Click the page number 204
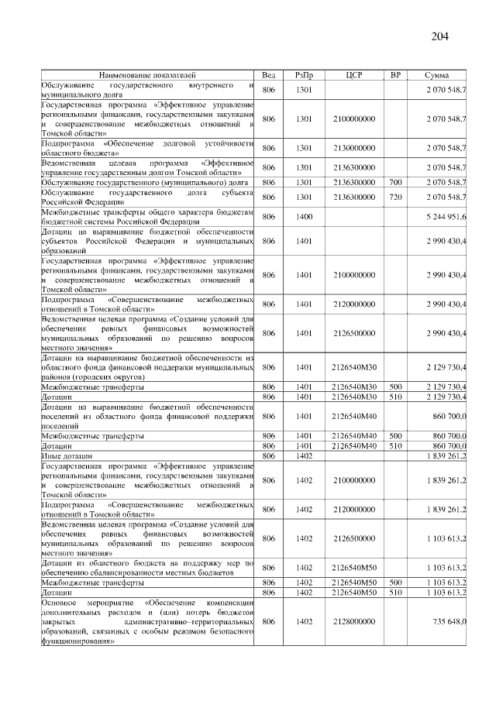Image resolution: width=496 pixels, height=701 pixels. pos(439,36)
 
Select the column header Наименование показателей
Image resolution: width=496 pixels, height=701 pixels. pos(147,75)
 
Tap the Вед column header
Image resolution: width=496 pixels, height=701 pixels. pos(268,75)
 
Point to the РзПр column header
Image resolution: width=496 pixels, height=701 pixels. pos(304,75)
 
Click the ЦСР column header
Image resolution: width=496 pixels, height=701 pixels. pos(354,75)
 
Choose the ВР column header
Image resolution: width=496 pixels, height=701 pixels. pos(395,75)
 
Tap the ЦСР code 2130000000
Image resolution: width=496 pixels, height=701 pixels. pos(354,147)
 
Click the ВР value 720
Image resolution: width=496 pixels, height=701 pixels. pos(395,197)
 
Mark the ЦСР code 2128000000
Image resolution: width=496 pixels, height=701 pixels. pos(354,621)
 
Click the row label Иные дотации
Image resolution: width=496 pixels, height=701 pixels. pos(63,456)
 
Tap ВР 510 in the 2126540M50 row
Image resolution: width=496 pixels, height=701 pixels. pos(395,592)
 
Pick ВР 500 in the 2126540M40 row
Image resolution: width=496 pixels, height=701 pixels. pos(395,436)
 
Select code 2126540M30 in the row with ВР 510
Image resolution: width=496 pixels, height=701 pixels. pos(354,397)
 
